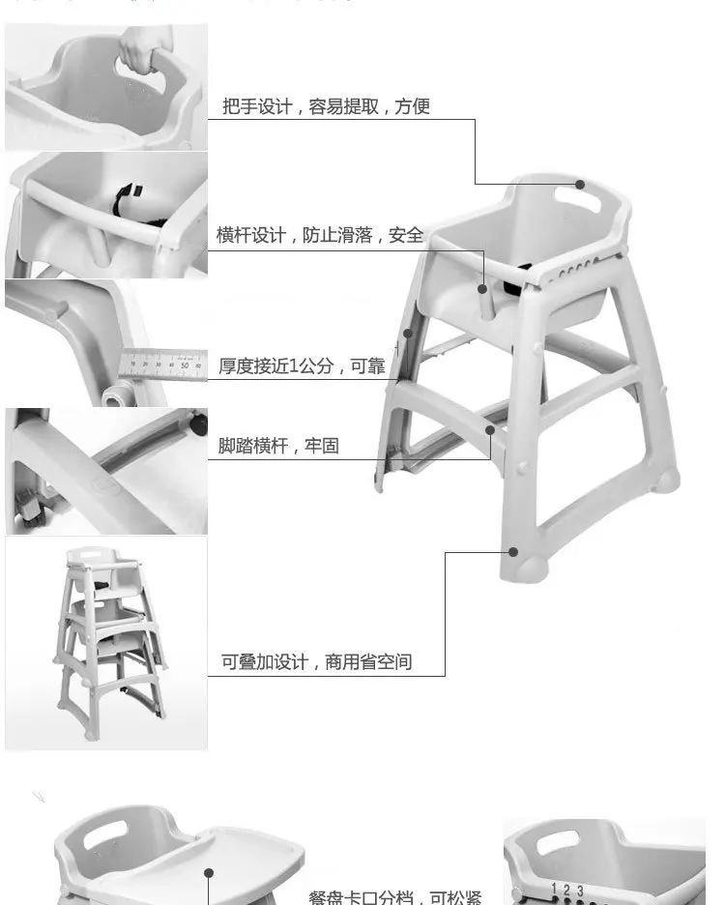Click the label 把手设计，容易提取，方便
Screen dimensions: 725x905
click(x=326, y=106)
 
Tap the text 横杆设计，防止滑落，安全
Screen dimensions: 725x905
click(x=319, y=235)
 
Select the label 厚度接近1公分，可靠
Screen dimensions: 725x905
click(x=302, y=365)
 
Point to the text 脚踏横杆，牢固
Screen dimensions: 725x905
click(x=278, y=447)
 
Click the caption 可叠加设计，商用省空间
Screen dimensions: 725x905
click(x=317, y=662)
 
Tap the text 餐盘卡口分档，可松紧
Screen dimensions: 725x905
click(x=394, y=896)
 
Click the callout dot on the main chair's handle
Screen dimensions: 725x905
click(x=580, y=185)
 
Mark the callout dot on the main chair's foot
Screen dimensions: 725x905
click(x=514, y=552)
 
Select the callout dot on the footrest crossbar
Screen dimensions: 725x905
click(x=490, y=430)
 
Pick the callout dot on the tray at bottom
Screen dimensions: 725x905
click(x=208, y=873)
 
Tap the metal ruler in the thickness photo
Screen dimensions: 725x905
click(x=160, y=364)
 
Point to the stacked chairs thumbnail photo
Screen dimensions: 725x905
click(x=106, y=643)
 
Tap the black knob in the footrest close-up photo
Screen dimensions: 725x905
click(x=198, y=422)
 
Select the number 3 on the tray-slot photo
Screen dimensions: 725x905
click(x=580, y=890)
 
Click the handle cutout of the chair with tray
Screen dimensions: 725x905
click(x=104, y=837)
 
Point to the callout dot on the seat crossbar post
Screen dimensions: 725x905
click(x=482, y=287)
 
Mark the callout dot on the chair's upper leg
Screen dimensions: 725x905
click(x=408, y=334)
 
